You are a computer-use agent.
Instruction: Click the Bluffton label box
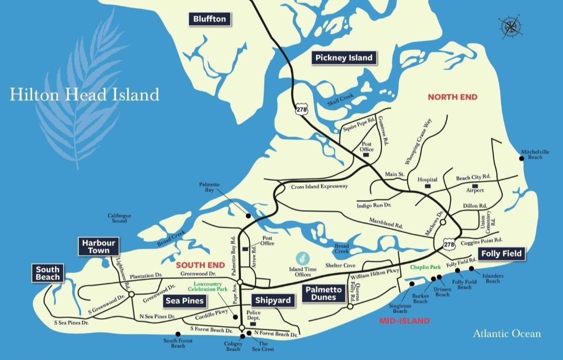[210, 19]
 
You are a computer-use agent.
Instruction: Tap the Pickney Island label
[344, 58]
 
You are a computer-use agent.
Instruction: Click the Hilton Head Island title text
[85, 94]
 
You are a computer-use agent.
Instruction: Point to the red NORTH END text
[452, 97]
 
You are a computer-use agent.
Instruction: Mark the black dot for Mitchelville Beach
[521, 158]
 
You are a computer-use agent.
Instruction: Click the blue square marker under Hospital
[428, 187]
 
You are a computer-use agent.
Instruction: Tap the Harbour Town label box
[98, 246]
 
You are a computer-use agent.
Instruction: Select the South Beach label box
[47, 273]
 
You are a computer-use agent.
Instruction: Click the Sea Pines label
[185, 300]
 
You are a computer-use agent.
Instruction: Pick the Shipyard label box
[270, 300]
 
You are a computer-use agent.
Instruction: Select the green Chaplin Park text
[425, 267]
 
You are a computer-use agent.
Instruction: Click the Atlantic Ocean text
[507, 334]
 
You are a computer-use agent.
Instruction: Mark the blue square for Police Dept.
[252, 324]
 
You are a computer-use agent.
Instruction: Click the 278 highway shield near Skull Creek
[301, 110]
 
